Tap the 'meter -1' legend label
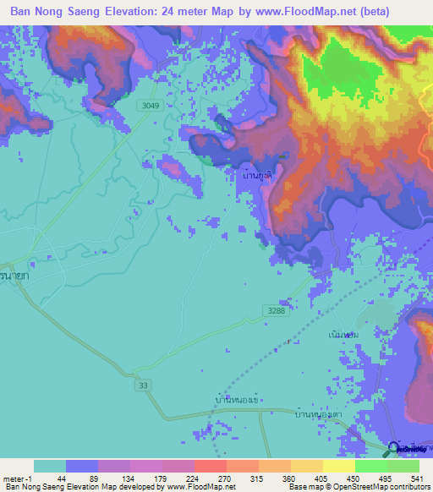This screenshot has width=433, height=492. click(15, 478)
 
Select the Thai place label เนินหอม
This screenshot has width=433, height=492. click(344, 335)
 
